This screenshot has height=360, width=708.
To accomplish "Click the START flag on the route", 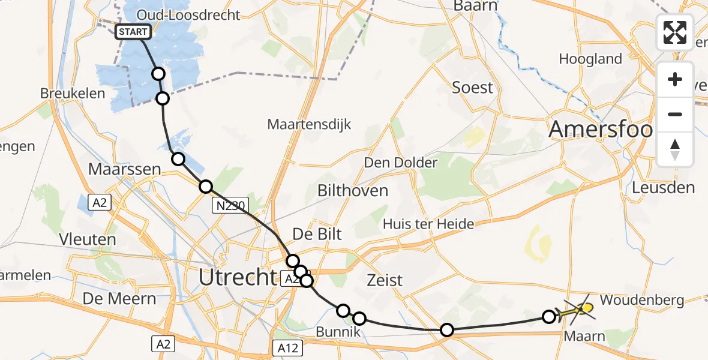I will [x=133, y=32].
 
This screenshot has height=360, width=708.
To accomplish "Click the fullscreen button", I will [x=675, y=32].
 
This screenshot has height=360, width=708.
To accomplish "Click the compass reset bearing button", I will [x=675, y=149].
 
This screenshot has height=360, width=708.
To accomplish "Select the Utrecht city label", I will [x=238, y=277].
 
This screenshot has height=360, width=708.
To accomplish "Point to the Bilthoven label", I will [x=353, y=191].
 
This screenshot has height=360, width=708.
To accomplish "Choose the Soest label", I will [x=472, y=88].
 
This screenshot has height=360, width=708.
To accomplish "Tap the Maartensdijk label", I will [x=308, y=125].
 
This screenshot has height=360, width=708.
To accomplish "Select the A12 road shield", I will [x=289, y=347].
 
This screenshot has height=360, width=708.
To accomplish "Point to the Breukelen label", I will [x=72, y=94].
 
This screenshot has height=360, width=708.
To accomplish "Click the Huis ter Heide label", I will [x=428, y=224].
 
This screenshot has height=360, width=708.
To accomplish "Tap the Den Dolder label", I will [x=400, y=163].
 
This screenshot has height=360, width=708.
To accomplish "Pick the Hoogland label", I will [x=590, y=59].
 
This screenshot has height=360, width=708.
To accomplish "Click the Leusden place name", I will [x=663, y=187].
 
